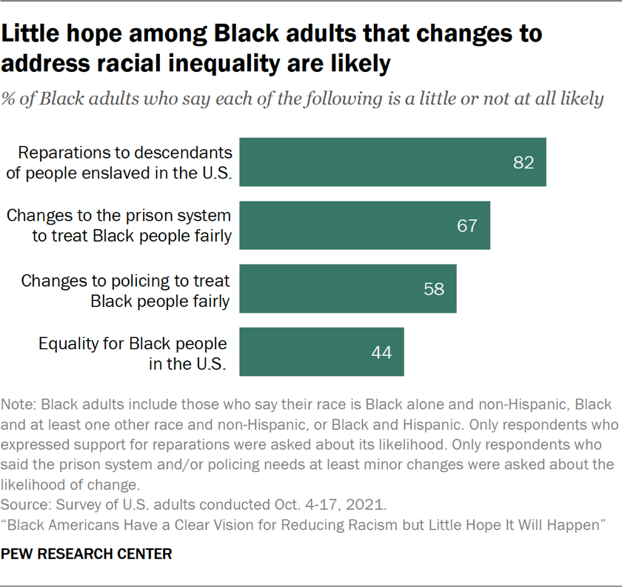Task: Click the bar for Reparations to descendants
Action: [x=392, y=162]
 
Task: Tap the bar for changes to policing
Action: [x=347, y=288]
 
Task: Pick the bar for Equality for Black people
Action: [x=321, y=352]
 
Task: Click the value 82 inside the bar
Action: [x=524, y=162]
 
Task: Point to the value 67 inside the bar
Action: [x=467, y=225]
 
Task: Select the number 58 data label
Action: [x=434, y=289]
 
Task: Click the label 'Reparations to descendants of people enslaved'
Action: [x=124, y=162]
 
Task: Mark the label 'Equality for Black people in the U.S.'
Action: [x=133, y=353]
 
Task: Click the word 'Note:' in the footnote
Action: [x=19, y=405]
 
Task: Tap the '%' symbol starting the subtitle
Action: [x=10, y=99]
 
